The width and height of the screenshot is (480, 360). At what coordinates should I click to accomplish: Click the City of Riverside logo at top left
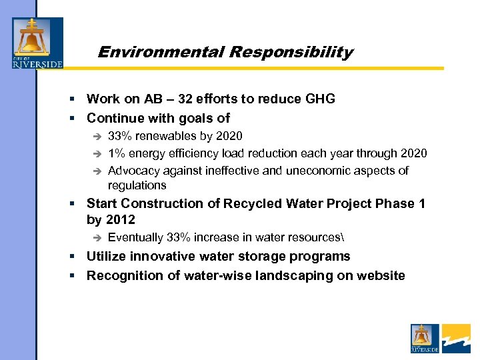click(x=37, y=43)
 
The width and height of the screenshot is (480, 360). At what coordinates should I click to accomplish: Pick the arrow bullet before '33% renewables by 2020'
click(x=97, y=136)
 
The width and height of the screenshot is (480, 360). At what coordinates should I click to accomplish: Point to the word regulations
click(x=137, y=185)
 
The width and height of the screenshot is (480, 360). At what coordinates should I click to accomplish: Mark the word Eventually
click(x=135, y=237)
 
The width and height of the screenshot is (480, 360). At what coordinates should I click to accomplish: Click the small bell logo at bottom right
click(x=425, y=338)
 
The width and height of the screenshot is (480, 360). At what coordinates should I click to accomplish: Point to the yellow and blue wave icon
click(x=456, y=338)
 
